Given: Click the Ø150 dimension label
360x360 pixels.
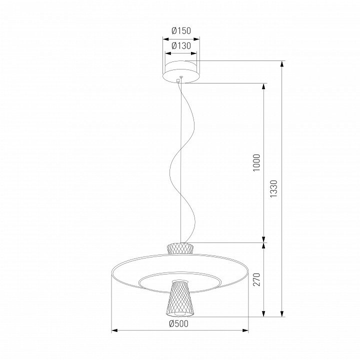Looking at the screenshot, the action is pyautogui.click(x=181, y=30).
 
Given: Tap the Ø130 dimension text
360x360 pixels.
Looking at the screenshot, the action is pyautogui.click(x=181, y=46).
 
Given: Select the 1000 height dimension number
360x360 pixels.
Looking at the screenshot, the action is pyautogui.click(x=256, y=162).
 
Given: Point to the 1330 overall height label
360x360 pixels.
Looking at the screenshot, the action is pyautogui.click(x=273, y=188).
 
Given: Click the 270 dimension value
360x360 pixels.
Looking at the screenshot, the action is pyautogui.click(x=256, y=279).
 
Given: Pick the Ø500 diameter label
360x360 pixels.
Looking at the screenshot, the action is pyautogui.click(x=178, y=323).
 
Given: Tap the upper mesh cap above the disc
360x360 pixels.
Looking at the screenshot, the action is pyautogui.click(x=180, y=248).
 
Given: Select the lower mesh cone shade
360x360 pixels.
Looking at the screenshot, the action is pyautogui.click(x=180, y=298).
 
